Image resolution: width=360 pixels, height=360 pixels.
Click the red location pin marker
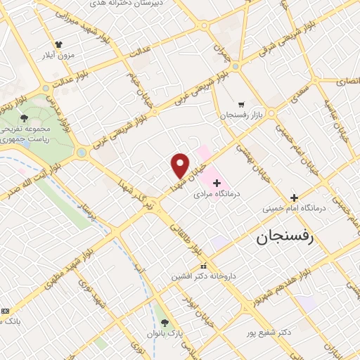(x=180, y=165)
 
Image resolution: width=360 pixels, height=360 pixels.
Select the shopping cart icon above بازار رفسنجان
(x=241, y=103)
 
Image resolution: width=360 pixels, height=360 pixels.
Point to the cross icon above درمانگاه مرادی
(x=216, y=182)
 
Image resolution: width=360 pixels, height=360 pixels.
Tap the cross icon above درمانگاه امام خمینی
(x=294, y=198)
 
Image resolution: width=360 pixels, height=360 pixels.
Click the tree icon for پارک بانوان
(x=165, y=323)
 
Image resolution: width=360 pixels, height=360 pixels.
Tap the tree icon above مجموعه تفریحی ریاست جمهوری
(x=24, y=118)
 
